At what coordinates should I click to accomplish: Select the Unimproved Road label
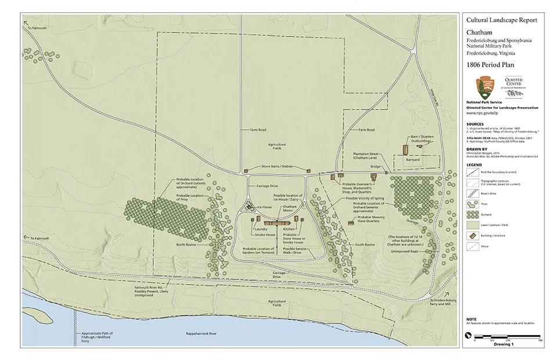click(404, 251)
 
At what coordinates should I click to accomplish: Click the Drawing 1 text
click(504, 344)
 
